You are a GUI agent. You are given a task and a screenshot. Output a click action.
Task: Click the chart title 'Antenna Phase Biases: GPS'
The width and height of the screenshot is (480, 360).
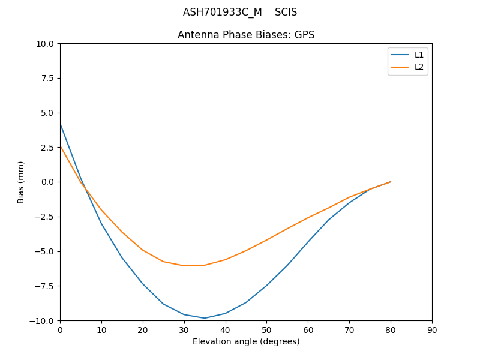click(x=246, y=35)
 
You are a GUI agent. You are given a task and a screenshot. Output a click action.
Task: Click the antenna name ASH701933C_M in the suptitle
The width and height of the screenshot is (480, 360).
click(x=222, y=12)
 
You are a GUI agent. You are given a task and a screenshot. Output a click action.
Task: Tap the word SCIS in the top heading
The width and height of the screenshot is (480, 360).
click(x=286, y=12)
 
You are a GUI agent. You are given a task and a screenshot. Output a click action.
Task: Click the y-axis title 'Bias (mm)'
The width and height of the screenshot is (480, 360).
click(x=21, y=182)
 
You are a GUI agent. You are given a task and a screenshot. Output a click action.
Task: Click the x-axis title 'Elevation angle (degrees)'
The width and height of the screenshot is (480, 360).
click(x=246, y=341)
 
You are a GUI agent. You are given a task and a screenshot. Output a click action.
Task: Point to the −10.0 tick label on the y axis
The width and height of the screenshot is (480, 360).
click(x=44, y=320)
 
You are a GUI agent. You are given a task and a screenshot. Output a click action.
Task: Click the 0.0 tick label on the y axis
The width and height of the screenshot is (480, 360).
click(x=49, y=182)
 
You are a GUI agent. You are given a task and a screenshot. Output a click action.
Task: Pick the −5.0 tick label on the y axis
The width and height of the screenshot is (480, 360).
click(x=46, y=251)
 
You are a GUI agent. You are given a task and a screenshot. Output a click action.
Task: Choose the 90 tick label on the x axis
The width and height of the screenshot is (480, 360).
click(x=432, y=329)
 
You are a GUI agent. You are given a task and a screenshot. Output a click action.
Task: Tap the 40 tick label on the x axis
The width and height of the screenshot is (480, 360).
click(x=226, y=329)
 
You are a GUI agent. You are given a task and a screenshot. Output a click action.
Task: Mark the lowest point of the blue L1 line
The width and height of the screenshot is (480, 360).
click(x=205, y=318)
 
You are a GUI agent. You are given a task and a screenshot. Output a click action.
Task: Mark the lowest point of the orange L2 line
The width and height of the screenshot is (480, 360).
click(x=184, y=266)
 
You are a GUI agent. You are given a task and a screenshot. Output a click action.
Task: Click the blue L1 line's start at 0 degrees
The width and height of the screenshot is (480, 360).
click(x=60, y=123)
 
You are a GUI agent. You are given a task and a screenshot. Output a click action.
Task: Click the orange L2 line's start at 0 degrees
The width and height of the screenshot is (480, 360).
click(x=60, y=146)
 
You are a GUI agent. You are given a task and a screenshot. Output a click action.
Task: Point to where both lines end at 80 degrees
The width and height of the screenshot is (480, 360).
click(x=391, y=182)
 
